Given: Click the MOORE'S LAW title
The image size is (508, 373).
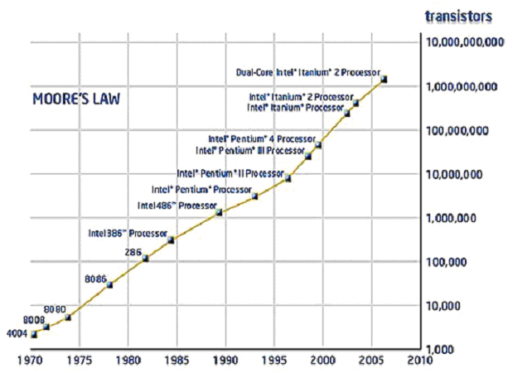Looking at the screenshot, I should click(x=75, y=99).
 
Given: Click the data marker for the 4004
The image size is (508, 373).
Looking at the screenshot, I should click(x=34, y=334).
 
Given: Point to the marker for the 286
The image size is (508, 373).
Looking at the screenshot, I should click(x=145, y=258).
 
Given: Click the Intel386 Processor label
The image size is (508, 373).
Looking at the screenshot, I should click(x=128, y=233).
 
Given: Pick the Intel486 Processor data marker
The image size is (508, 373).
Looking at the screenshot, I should click(x=219, y=212).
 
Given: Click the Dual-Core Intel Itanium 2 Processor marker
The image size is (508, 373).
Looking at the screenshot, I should click(x=384, y=80).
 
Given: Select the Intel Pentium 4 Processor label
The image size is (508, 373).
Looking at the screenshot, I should click(x=261, y=138).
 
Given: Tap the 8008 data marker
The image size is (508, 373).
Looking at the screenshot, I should click(x=46, y=327).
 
